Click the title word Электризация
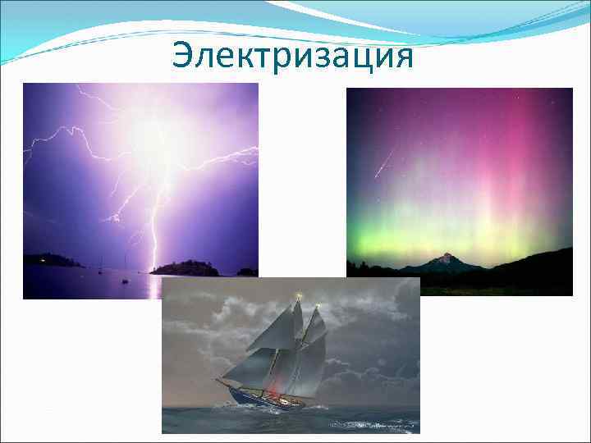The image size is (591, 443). [292, 56]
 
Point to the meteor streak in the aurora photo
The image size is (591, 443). [383, 164]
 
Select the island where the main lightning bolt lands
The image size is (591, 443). [185, 268]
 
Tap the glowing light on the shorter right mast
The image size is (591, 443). [317, 308]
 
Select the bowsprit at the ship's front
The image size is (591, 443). [224, 382]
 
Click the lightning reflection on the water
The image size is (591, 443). [153, 287]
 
